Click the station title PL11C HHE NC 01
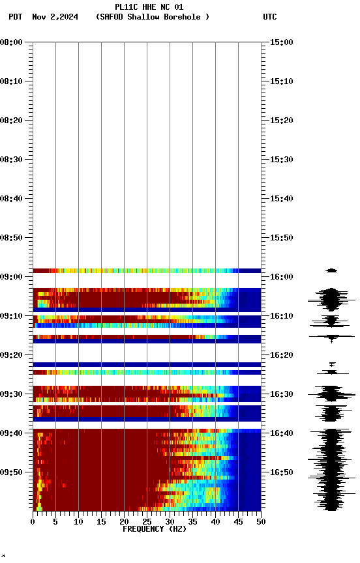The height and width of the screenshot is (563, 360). tap(149, 7)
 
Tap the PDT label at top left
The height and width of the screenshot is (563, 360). tap(16, 17)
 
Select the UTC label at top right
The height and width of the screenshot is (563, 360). tap(270, 17)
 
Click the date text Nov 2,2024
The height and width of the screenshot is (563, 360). tap(55, 17)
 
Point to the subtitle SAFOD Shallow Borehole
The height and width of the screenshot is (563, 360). tap(153, 17)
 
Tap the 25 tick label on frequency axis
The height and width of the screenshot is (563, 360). tap(147, 521)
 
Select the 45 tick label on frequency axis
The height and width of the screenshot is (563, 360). tap(238, 521)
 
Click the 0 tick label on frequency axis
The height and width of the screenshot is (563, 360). tap(33, 521)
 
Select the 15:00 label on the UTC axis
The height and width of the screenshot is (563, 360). tap(281, 42)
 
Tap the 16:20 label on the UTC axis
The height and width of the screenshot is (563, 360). tap(281, 355)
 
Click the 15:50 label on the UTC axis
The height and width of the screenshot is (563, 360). tap(281, 238)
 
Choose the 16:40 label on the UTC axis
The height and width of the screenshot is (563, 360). tap(281, 433)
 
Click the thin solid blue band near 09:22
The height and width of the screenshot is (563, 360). tap(147, 364)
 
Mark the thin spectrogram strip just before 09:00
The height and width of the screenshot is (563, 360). tap(147, 270)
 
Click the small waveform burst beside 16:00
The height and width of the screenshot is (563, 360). tap(331, 270)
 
